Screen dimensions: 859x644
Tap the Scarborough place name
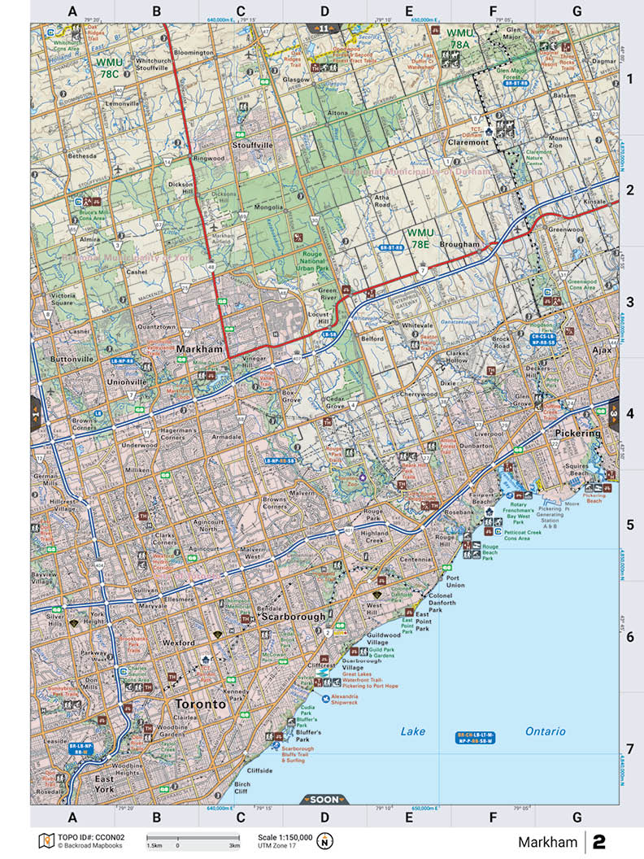click(x=293, y=617)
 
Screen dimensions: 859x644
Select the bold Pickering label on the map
click(x=577, y=434)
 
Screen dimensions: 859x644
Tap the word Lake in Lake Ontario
click(x=412, y=731)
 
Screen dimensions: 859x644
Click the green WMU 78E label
click(x=420, y=238)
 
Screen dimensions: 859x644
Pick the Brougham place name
click(x=461, y=244)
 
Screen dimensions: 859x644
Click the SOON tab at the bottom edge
click(x=324, y=799)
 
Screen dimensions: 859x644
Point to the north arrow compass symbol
click(x=326, y=840)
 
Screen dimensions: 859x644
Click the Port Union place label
click(x=455, y=581)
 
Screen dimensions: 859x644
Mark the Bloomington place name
click(x=193, y=52)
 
